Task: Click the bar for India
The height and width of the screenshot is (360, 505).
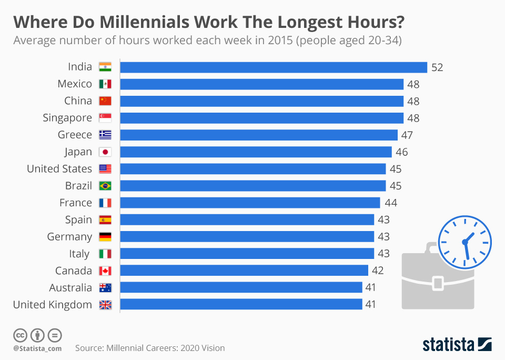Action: click(x=274, y=67)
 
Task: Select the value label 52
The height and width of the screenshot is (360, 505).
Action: click(x=437, y=67)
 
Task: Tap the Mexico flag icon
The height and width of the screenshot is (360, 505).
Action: click(x=105, y=84)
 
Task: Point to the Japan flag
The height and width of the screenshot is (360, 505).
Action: click(x=105, y=152)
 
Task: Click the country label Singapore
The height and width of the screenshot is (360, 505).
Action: click(x=67, y=118)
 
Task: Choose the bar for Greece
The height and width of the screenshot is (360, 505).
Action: click(x=259, y=135)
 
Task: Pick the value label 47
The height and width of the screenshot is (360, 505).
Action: click(x=407, y=135)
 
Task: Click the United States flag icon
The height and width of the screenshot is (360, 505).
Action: click(x=105, y=169)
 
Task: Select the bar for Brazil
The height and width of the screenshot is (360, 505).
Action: click(x=253, y=186)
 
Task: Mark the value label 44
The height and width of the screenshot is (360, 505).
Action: click(x=391, y=203)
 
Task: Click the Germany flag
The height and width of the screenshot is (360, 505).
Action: click(x=105, y=237)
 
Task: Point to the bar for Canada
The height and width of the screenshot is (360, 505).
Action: click(x=244, y=271)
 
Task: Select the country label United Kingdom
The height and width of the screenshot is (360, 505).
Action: click(x=52, y=305)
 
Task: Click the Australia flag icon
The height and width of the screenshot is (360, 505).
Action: click(x=105, y=288)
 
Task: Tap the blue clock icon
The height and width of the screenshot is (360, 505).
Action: click(x=464, y=242)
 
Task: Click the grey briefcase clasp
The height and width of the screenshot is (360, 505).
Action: click(x=438, y=283)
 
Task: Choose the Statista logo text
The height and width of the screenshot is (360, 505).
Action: click(x=448, y=345)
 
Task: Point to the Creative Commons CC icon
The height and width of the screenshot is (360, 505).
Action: click(x=20, y=335)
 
